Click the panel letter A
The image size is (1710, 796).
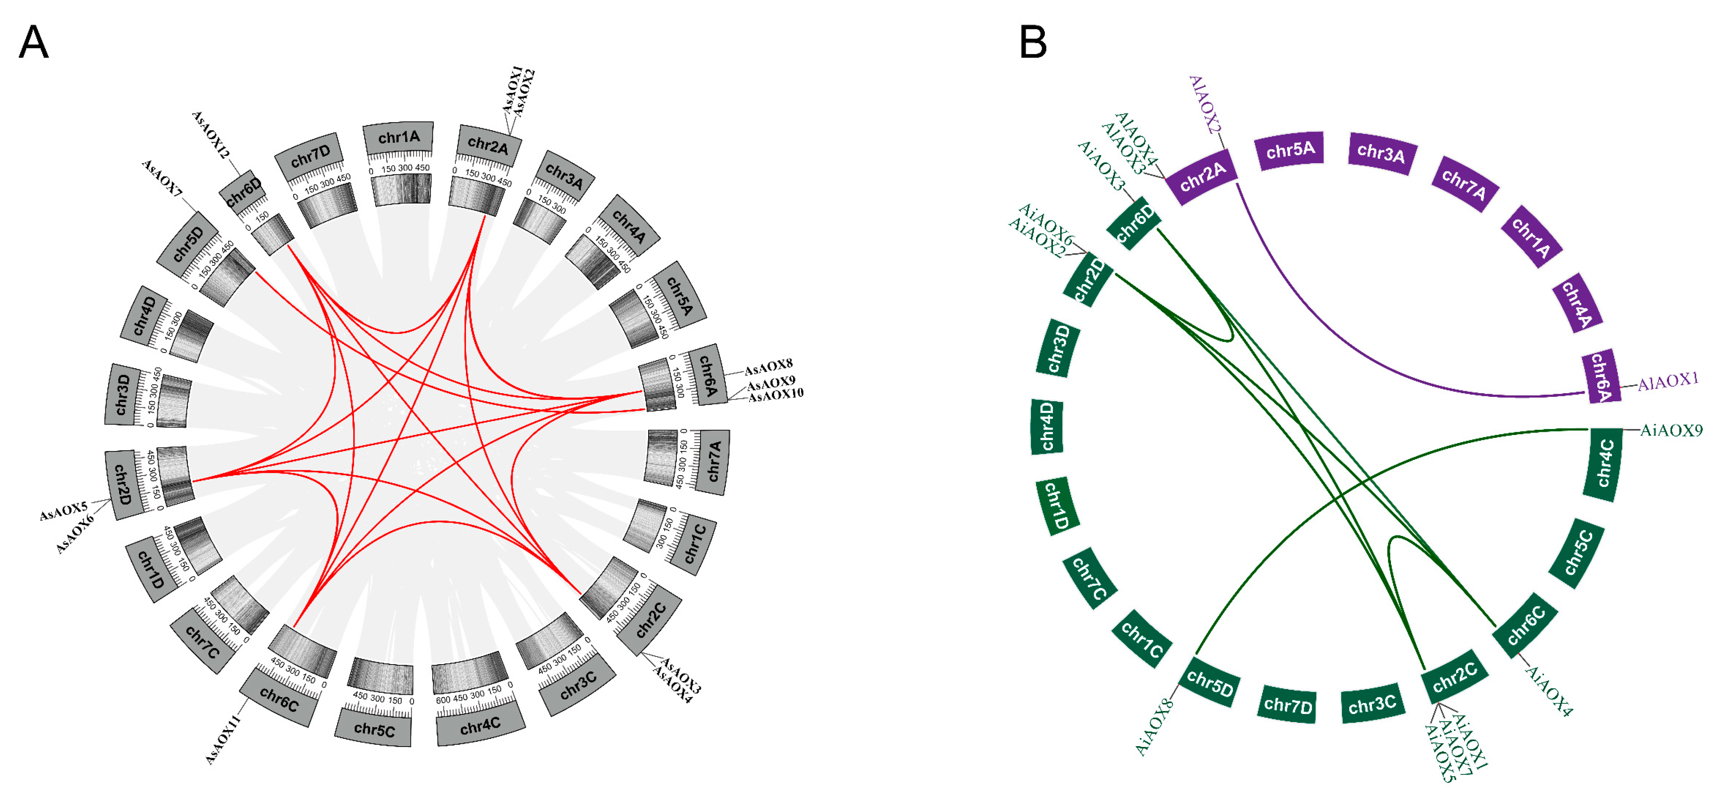point(33,43)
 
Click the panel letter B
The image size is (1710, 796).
point(1033,43)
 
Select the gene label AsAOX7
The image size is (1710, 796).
point(162,178)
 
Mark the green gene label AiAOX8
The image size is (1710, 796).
point(1156,725)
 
